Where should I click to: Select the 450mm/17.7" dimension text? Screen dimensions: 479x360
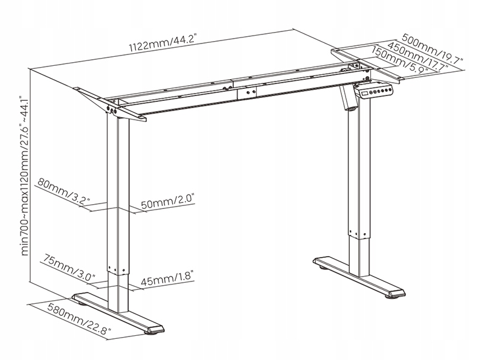[418, 56]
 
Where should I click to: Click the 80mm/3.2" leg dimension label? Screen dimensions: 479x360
[64, 191]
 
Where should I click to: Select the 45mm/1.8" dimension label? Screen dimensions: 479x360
[167, 278]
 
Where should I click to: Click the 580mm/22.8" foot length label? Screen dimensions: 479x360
[79, 318]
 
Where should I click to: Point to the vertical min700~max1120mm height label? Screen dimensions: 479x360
[25, 176]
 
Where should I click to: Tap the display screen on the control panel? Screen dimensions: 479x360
[365, 93]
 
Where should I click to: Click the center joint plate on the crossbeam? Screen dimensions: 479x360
[247, 92]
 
